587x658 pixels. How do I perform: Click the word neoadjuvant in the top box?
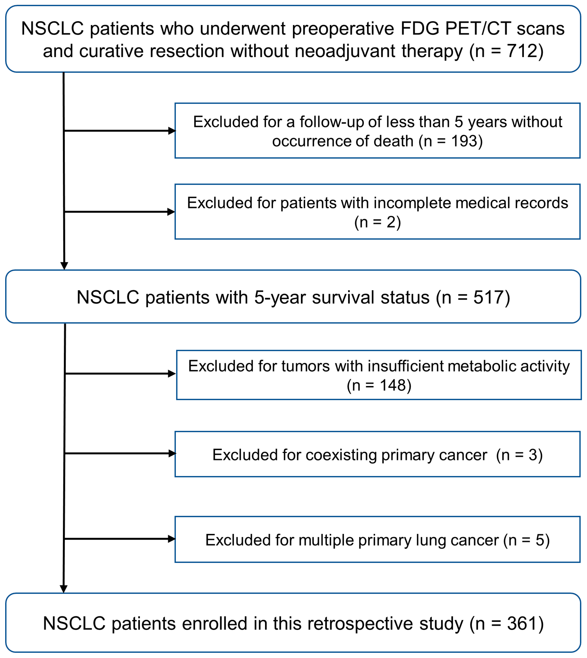coord(345,51)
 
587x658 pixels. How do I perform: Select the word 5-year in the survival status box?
coord(280,297)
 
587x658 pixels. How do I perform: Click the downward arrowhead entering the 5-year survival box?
coord(64,266)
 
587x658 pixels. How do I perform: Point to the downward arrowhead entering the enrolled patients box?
coord(64,589)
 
